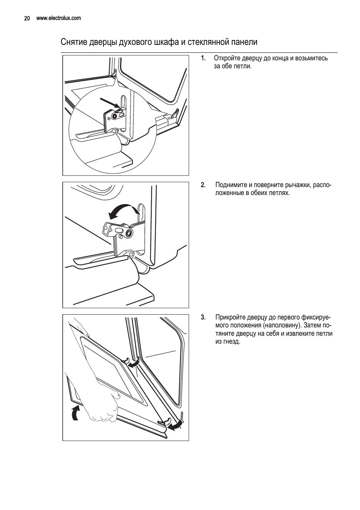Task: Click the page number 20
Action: click(27, 18)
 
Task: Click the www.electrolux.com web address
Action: click(58, 18)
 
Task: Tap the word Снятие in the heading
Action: click(74, 42)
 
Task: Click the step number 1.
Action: click(203, 58)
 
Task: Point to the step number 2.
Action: click(203, 185)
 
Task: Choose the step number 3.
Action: click(203, 317)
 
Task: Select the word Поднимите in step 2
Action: click(231, 185)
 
